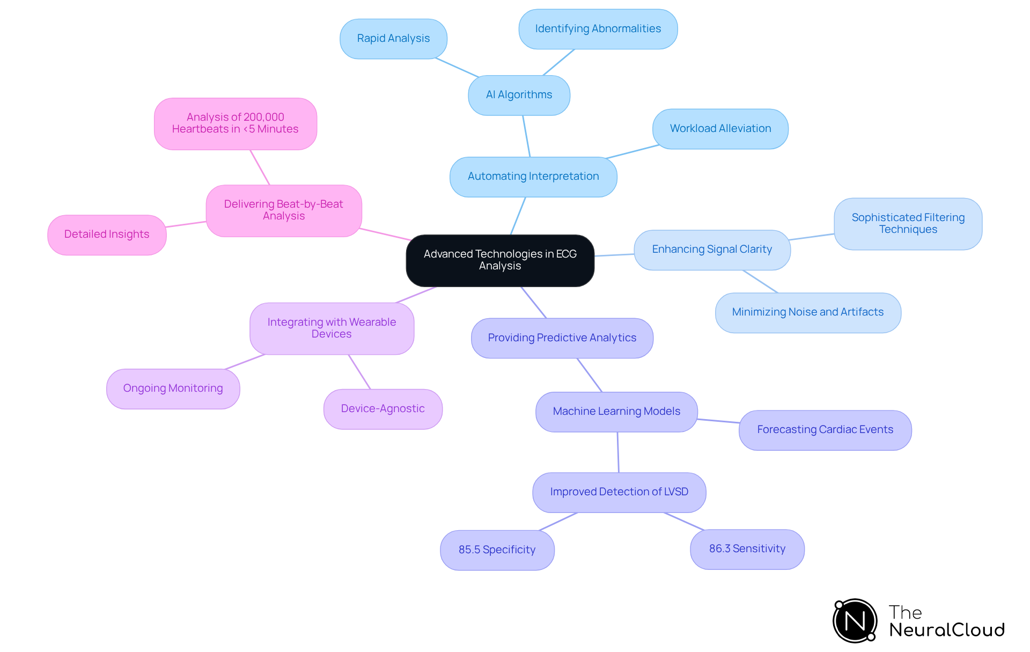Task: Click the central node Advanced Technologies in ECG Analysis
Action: tap(500, 260)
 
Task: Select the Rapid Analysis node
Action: tap(393, 39)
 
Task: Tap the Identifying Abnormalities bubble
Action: tap(598, 29)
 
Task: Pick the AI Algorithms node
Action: tap(519, 95)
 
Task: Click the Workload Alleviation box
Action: tap(720, 129)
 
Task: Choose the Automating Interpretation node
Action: tap(533, 177)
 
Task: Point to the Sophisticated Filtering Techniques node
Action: tap(908, 224)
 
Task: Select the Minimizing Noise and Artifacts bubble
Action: tap(807, 312)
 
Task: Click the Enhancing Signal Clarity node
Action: tap(712, 250)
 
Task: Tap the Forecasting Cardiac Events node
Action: tap(825, 430)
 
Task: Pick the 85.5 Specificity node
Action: tap(497, 550)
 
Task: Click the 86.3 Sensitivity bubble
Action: tap(747, 549)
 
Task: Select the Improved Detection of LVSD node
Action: tap(619, 492)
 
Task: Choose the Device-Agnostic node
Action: tap(382, 409)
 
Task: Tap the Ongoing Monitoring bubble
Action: tap(173, 389)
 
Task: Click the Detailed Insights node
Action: tap(107, 235)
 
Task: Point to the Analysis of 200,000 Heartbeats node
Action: tap(235, 123)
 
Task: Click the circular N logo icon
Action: tap(855, 621)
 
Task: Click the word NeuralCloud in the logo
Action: tap(946, 630)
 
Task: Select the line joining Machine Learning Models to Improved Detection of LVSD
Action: tap(618, 452)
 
